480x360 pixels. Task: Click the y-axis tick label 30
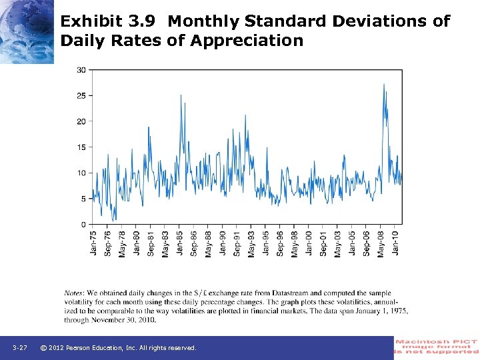click(81, 70)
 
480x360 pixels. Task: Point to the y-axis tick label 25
click(81, 95)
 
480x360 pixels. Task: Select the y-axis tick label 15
click(81, 147)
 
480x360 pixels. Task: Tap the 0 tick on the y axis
click(83, 225)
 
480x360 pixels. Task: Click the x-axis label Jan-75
click(93, 242)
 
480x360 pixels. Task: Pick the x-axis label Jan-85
click(180, 242)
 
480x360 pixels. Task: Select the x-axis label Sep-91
click(237, 242)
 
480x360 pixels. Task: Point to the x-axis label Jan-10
click(396, 242)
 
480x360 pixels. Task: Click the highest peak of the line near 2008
click(384, 84)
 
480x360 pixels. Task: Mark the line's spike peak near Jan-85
click(181, 95)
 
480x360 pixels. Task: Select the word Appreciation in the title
click(247, 41)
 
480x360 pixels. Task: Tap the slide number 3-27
click(20, 348)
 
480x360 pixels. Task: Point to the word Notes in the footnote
click(74, 293)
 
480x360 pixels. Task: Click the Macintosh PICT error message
click(437, 347)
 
